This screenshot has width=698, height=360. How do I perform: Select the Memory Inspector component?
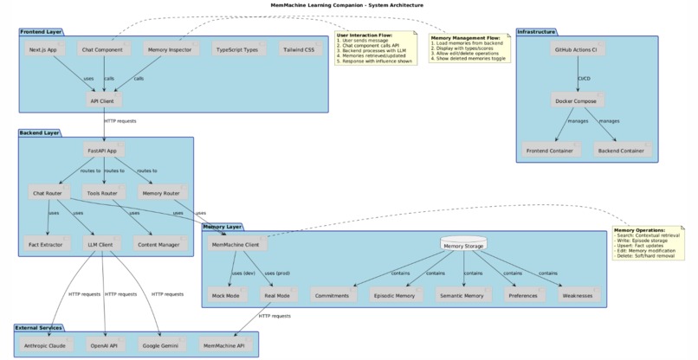(170, 50)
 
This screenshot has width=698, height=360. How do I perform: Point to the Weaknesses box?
(578, 296)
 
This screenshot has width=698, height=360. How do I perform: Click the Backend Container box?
(619, 151)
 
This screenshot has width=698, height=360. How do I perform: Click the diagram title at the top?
(349, 5)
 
